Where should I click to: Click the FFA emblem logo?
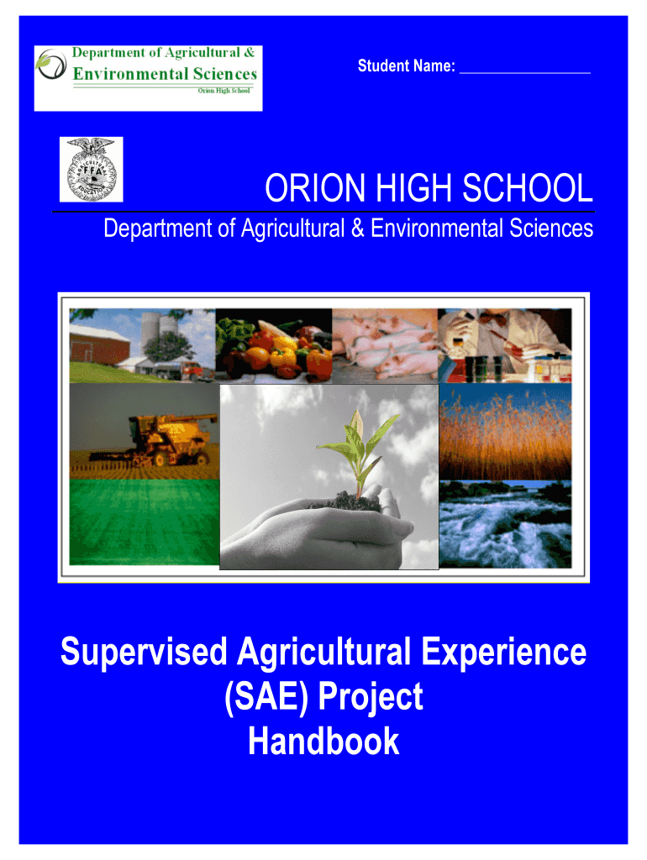coord(91,170)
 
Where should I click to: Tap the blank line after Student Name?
coord(524,72)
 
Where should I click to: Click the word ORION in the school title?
coord(315,188)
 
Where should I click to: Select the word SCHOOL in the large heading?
coord(528,188)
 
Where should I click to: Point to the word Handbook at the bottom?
coord(323,741)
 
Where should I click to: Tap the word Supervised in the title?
coord(143,653)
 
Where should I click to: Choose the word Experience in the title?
coord(503,653)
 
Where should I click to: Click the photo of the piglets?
coord(385,345)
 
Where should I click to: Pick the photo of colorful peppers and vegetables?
coord(274,345)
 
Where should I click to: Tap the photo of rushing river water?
coord(506,524)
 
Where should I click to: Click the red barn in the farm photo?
coord(99,343)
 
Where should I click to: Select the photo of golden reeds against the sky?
coord(506,433)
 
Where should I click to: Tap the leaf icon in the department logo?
coord(50,64)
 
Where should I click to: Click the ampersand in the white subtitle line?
coord(358,228)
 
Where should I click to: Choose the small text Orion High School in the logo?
coord(224,91)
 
